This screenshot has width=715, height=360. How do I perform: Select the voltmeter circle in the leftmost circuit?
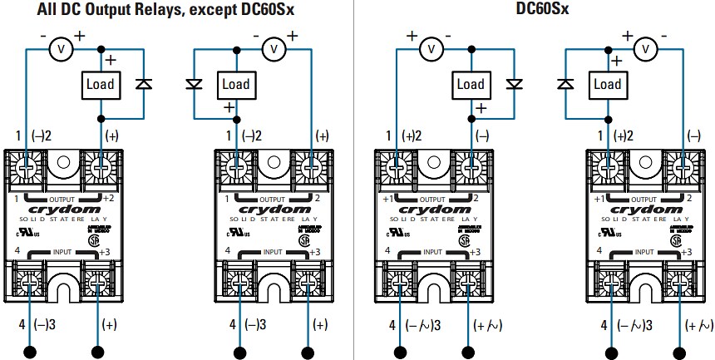click(60, 50)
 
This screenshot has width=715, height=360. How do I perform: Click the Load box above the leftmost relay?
click(100, 84)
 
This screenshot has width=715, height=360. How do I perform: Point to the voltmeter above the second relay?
click(274, 50)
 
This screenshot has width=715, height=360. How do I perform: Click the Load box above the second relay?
click(236, 84)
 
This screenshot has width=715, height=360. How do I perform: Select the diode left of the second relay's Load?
click(194, 84)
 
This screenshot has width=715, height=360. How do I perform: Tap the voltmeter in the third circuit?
click(431, 50)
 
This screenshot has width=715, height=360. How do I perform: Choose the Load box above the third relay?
click(471, 84)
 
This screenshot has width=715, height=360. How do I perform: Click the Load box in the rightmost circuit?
click(607, 84)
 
